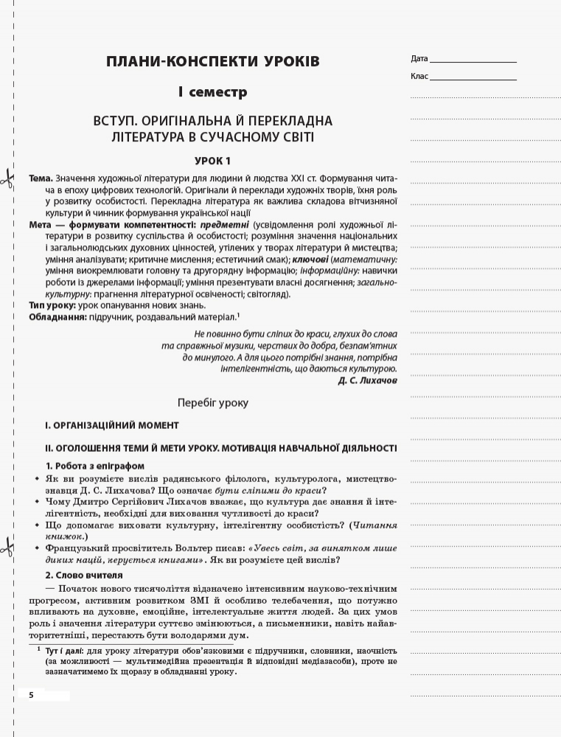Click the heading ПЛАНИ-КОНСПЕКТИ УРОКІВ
[213, 61]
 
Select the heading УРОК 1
[212, 161]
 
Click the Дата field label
[419, 58]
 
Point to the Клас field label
[419, 76]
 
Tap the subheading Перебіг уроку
[213, 403]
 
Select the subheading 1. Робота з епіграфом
[95, 466]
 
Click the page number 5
[32, 696]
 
